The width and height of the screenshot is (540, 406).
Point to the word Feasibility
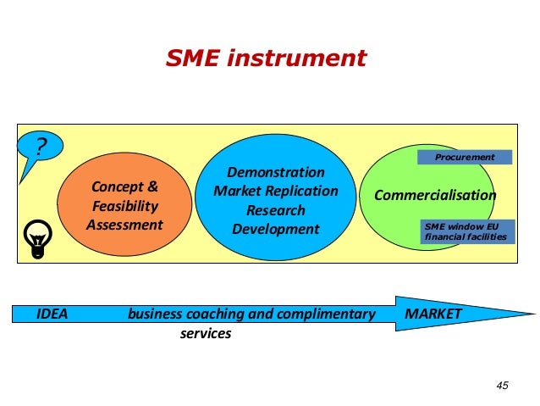(124, 206)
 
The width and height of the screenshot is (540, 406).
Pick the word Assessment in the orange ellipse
(124, 225)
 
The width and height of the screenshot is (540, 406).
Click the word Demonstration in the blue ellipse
(276, 172)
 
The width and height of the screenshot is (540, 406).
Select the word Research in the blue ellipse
(276, 210)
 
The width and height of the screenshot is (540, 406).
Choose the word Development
(276, 229)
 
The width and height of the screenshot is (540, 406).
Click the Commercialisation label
(435, 196)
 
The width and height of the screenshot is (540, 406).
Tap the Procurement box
(465, 158)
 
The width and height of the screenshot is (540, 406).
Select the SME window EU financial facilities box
(466, 231)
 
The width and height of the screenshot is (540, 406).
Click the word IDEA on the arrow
(52, 314)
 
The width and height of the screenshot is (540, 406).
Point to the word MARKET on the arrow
(433, 314)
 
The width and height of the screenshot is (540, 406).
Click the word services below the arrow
(206, 334)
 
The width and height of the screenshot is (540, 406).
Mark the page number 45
(502, 386)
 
